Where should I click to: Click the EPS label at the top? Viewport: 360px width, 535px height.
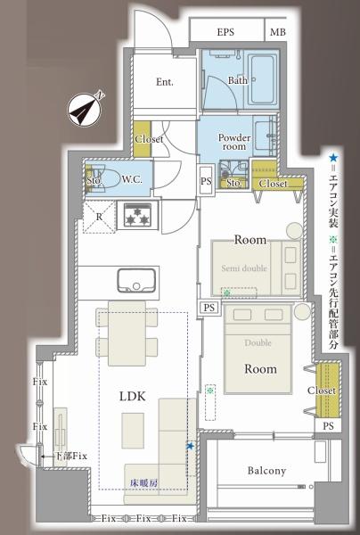(225, 32)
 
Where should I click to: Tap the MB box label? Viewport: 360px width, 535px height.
(278, 32)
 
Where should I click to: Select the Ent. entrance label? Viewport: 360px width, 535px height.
(165, 82)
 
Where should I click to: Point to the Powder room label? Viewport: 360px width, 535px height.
(234, 142)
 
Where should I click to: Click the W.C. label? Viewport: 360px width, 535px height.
(132, 179)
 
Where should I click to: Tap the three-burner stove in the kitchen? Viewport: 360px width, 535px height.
(138, 215)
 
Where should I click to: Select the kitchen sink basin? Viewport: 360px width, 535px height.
(136, 280)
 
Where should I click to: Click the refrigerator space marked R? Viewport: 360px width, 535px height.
(99, 217)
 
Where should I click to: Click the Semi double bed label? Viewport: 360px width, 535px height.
(244, 268)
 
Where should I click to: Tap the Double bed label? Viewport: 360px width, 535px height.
(258, 342)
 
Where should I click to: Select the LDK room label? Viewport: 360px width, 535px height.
(133, 396)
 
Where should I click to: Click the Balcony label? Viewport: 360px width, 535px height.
(266, 471)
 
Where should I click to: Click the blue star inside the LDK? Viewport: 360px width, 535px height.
(190, 446)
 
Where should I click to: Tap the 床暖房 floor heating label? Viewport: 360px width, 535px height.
(143, 482)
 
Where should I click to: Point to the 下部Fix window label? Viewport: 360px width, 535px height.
(71, 456)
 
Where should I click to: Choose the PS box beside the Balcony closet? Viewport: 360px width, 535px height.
(328, 426)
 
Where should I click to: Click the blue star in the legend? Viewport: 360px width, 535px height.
(333, 158)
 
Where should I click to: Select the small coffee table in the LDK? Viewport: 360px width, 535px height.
(133, 431)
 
